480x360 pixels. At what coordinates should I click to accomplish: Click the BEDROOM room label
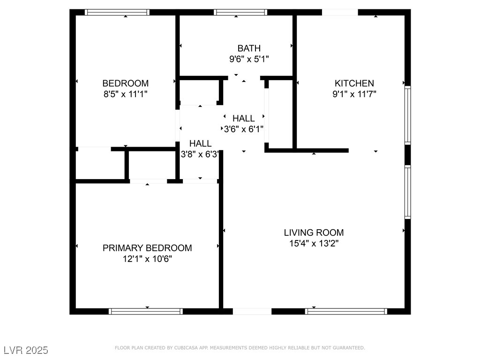coord(126,83)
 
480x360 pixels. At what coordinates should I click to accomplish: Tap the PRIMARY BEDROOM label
coord(147,248)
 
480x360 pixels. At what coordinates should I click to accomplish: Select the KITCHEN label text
coord(354,83)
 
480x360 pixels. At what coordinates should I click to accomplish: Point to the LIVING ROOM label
coord(314,232)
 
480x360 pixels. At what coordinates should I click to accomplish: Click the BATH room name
coord(249,48)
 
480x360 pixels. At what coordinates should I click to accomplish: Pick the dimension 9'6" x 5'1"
coord(249,59)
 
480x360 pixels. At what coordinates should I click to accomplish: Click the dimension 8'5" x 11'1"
coord(126,94)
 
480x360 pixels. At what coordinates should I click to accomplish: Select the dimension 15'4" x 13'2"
coord(314,244)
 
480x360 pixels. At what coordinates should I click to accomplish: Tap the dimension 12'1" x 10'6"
coord(147,259)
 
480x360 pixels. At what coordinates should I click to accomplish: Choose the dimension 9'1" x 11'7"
coord(354,94)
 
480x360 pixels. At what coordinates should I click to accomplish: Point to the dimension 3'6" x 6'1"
coord(244,129)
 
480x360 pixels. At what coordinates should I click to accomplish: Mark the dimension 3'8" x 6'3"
coord(200,154)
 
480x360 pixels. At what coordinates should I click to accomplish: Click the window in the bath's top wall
coord(240,12)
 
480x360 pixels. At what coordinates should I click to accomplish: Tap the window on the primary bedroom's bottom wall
coord(146,311)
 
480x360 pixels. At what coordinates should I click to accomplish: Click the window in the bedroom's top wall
coord(117,12)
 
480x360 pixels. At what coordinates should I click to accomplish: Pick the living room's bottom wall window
coord(346,311)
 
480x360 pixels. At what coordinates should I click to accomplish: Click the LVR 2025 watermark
coord(26,350)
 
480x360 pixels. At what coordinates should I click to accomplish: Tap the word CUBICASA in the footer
coord(187,348)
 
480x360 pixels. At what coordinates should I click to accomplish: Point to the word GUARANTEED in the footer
coord(349,348)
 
